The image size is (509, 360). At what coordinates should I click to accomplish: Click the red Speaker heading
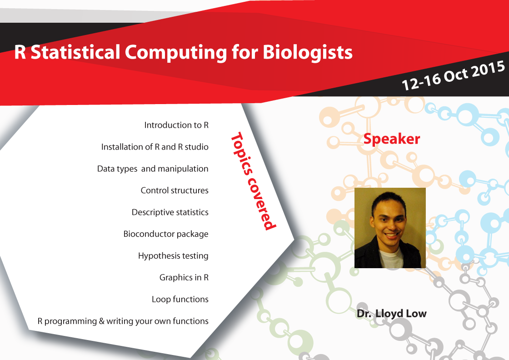click(391, 139)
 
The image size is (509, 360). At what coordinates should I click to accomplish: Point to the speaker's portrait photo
click(390, 227)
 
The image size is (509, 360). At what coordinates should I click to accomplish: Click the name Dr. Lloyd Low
click(391, 314)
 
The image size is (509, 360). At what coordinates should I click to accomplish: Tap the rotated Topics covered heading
click(253, 181)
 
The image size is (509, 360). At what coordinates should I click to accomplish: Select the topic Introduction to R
click(176, 125)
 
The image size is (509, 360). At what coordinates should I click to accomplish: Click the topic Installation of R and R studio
click(155, 147)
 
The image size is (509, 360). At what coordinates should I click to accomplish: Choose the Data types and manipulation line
click(153, 169)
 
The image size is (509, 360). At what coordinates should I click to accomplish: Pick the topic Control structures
click(175, 190)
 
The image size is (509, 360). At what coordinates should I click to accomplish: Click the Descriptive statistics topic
click(170, 212)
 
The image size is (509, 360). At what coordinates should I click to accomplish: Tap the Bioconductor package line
click(166, 234)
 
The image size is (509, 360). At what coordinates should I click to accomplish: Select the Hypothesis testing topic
click(173, 256)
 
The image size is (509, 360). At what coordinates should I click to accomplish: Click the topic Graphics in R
click(184, 277)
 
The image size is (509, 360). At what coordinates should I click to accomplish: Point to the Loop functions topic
click(180, 299)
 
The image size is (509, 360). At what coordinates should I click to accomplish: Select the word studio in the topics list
click(196, 147)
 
